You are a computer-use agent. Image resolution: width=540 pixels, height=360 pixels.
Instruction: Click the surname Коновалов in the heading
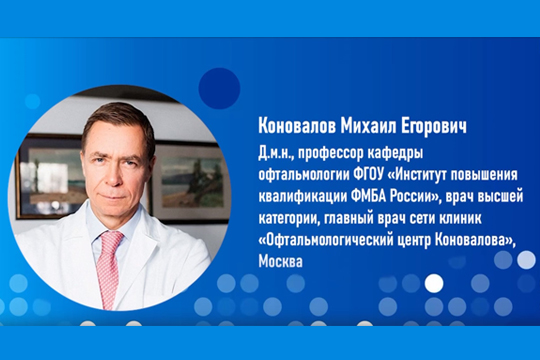coord(295,126)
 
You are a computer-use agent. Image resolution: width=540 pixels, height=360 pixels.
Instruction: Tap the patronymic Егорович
coord(435,126)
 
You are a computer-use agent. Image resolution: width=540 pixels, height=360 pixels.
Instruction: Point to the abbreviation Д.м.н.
coord(277,152)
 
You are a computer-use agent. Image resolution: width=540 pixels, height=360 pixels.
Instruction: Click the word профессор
coord(335,152)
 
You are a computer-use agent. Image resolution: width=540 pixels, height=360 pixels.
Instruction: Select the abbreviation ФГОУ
coord(370,170)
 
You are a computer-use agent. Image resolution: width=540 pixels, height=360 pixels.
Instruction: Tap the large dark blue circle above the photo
coord(219,88)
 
